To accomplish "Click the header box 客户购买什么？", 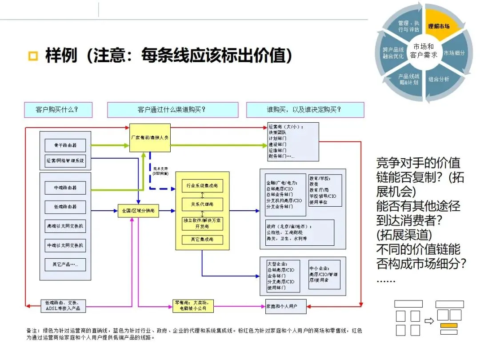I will [x=57, y=110].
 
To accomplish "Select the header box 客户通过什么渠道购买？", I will [x=172, y=110].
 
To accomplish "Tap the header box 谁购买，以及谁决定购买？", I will [x=304, y=110].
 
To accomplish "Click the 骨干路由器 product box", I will [x=65, y=145].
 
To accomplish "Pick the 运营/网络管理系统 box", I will [x=65, y=160].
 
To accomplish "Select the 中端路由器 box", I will [x=65, y=188].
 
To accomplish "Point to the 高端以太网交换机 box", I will [x=65, y=225].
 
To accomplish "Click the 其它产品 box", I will [x=65, y=264].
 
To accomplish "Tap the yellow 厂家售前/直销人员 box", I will [x=150, y=138].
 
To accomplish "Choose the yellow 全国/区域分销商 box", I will [x=138, y=211].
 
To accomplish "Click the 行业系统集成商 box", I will [x=202, y=186].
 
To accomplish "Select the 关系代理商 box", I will [x=202, y=204].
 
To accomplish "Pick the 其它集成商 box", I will [x=202, y=240].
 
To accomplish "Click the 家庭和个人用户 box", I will [x=283, y=306].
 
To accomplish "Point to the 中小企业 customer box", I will [x=324, y=275].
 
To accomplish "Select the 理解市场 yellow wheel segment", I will [x=438, y=26].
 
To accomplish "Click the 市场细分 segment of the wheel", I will [x=454, y=53].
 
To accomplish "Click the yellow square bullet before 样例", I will [x=32, y=56].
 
